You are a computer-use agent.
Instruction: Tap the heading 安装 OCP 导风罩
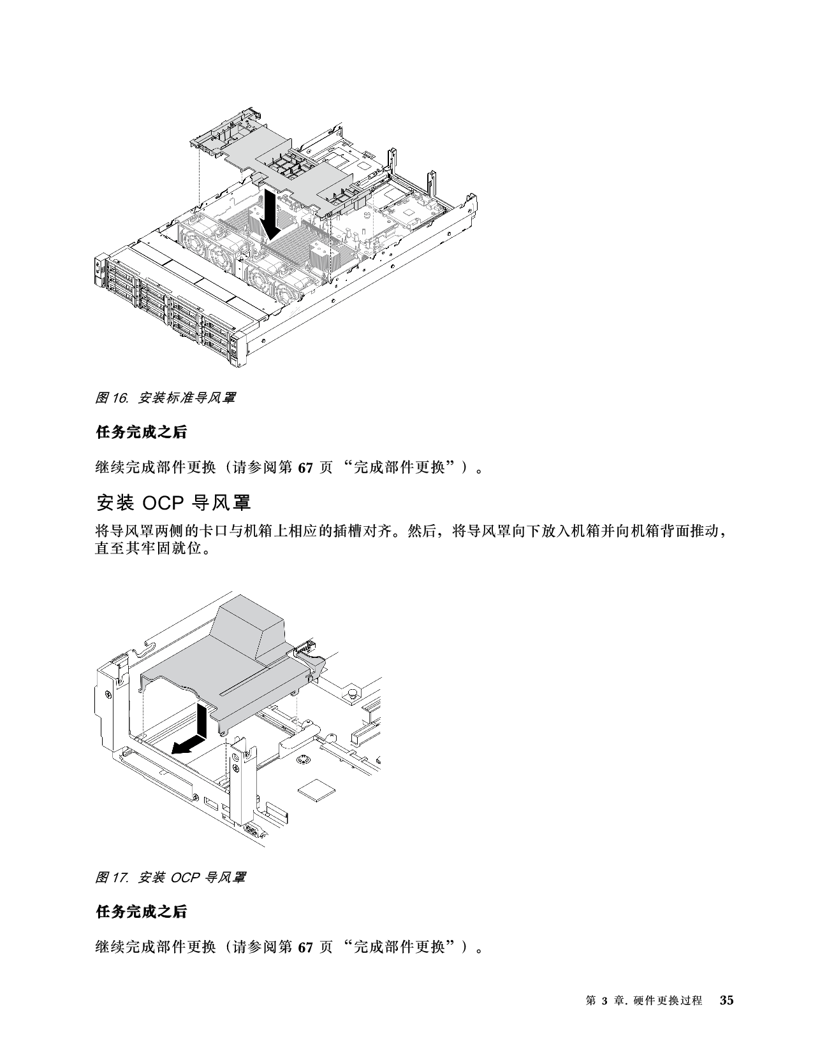173,503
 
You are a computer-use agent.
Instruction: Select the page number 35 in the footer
726,1000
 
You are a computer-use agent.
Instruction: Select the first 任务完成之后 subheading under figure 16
141,433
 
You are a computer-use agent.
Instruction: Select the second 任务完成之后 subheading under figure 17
141,912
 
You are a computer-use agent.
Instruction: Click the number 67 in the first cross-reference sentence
305,468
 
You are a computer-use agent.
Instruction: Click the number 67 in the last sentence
305,947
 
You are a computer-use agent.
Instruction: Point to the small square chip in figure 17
316,789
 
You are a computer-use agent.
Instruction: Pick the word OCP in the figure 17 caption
186,877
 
